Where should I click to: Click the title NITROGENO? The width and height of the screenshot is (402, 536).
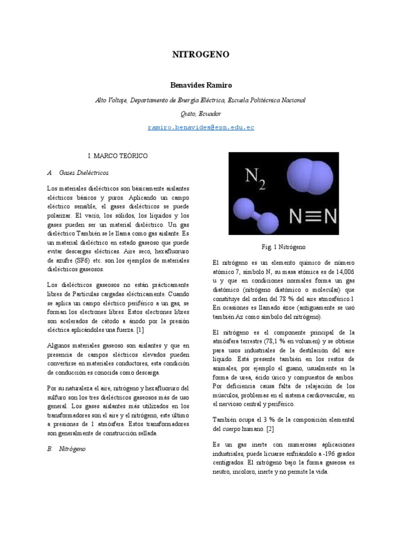click(200, 55)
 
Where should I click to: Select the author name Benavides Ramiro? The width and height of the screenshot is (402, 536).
click(200, 85)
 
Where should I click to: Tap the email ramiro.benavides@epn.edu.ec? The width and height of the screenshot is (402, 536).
click(200, 128)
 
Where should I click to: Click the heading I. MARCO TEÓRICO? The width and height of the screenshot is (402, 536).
click(118, 156)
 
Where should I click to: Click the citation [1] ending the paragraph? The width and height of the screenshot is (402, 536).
click(140, 330)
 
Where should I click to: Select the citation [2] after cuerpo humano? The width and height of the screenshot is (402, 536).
click(270, 429)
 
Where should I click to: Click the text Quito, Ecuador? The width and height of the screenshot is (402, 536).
click(200, 113)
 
